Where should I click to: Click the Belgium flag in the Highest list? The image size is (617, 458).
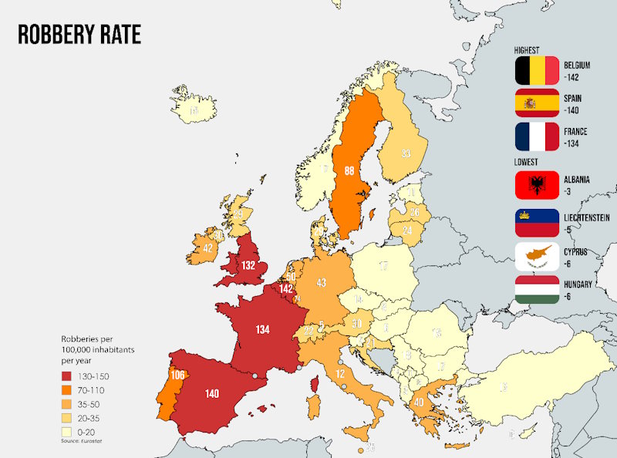(537, 71)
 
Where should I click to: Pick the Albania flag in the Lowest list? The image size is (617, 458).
(537, 184)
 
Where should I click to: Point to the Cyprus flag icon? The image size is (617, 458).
(537, 256)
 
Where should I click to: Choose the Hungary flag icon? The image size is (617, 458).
(537, 290)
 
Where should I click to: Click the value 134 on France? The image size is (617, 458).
(263, 329)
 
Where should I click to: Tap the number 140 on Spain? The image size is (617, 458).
(213, 393)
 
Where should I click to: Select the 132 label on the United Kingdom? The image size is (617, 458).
(248, 264)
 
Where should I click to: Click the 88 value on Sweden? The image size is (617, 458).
(349, 171)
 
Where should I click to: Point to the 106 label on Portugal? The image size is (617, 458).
(177, 375)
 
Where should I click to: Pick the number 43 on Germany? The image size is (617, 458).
(322, 283)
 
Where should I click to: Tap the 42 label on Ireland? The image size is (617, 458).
(207, 248)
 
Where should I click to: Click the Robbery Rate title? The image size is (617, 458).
(79, 35)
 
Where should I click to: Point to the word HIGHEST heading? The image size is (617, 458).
(528, 49)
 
